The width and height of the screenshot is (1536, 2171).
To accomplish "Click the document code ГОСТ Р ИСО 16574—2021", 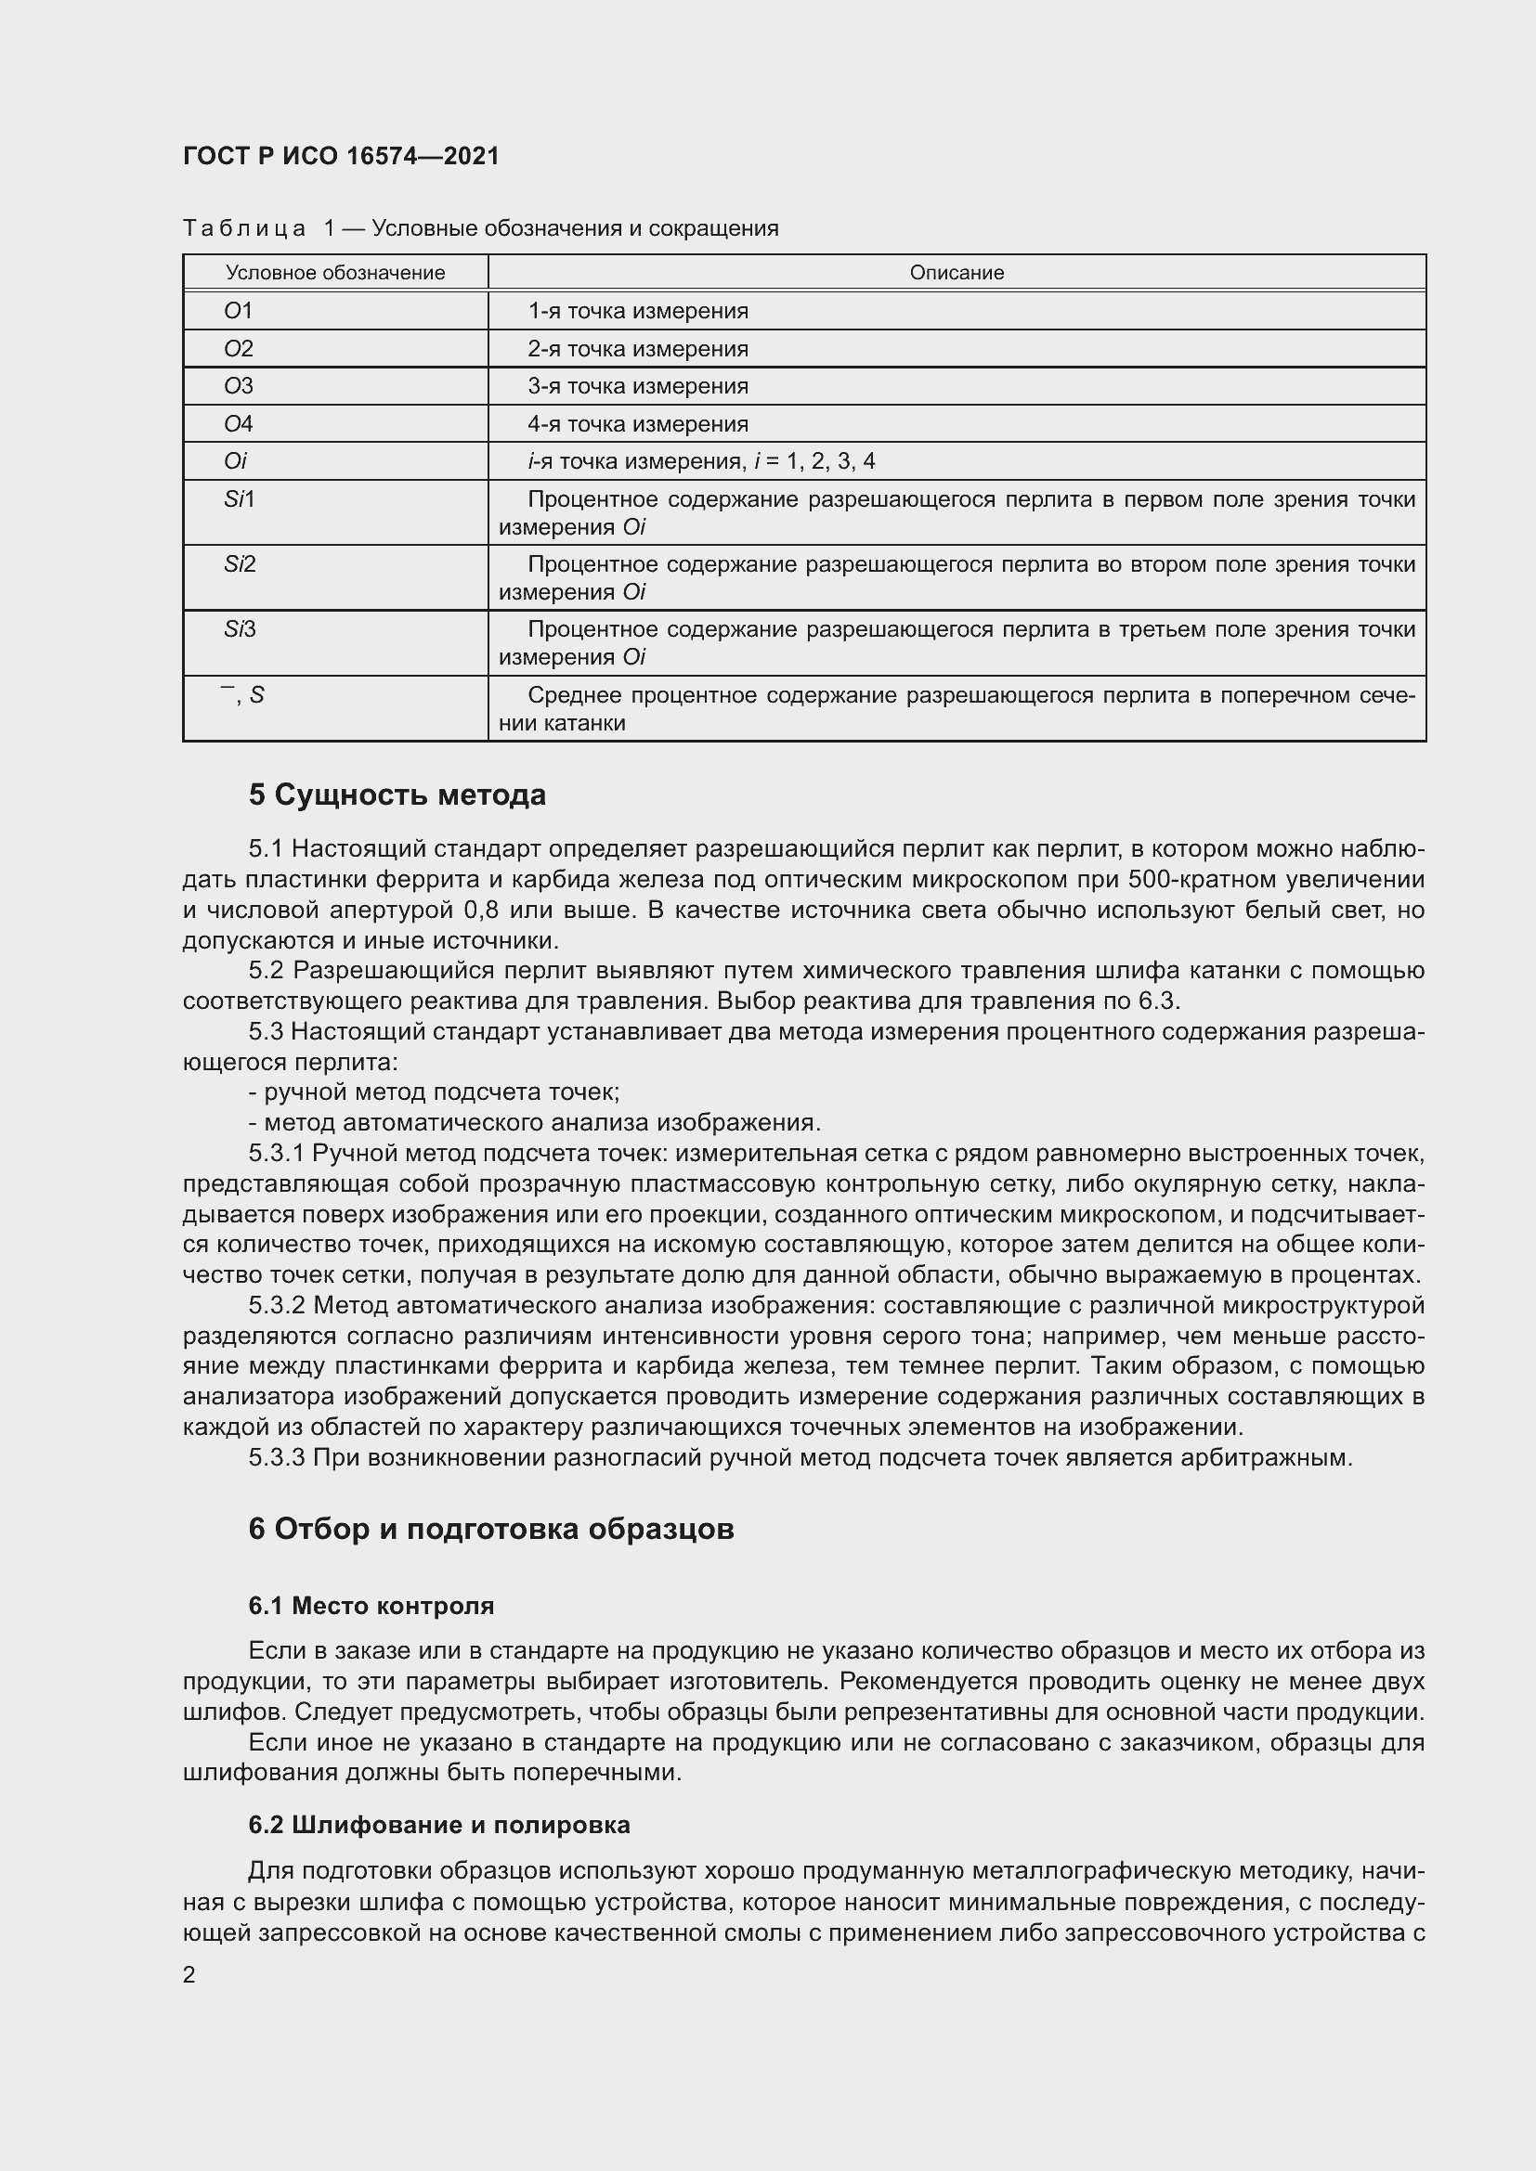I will tap(341, 156).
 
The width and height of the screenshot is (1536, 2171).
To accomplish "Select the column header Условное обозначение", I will tap(335, 273).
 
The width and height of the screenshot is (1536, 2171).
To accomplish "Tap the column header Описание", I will tap(957, 273).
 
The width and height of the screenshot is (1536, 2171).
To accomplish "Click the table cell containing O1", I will tap(239, 311).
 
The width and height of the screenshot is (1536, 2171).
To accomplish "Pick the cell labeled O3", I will tap(239, 386).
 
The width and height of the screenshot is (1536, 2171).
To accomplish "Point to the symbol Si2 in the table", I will tap(241, 564).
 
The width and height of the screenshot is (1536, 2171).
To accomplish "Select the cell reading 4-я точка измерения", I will tap(637, 423).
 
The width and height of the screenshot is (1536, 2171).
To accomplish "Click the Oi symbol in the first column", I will tap(235, 461).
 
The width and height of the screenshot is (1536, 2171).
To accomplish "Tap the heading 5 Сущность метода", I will tap(397, 795).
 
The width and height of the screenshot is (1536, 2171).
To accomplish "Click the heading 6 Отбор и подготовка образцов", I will tap(491, 1529).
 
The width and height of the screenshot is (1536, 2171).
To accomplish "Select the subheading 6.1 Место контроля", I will tap(371, 1606).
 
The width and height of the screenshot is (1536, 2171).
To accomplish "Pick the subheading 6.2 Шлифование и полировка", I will tap(439, 1825).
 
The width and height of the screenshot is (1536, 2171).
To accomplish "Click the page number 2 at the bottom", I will tap(189, 1974).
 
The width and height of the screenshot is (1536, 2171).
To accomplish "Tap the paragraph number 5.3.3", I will tap(276, 1457).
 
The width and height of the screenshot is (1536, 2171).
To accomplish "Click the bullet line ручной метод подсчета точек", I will tap(434, 1092).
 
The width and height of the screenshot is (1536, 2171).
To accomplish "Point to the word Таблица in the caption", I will tap(244, 229).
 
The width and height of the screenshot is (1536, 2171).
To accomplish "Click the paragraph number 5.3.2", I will tap(276, 1306).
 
